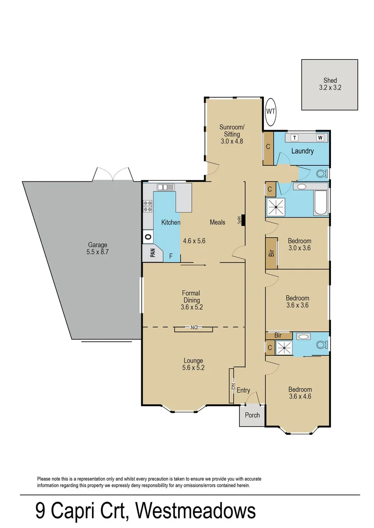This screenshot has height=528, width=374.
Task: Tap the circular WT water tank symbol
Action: click(x=271, y=111)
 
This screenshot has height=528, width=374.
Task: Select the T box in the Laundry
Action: click(x=295, y=137)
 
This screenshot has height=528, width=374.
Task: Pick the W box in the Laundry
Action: click(x=320, y=137)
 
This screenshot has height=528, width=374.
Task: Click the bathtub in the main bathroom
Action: click(x=321, y=203)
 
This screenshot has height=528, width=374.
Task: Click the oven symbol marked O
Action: click(x=148, y=237)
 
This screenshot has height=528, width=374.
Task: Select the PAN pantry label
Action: click(x=152, y=253)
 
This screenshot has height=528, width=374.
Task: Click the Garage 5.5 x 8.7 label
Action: click(x=97, y=249)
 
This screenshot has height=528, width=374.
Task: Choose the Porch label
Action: click(x=252, y=415)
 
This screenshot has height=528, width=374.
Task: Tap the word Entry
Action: click(x=243, y=390)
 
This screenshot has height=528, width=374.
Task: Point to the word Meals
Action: click(x=218, y=222)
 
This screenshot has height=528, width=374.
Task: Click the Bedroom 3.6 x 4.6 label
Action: click(x=300, y=393)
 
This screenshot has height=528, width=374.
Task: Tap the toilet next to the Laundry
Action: click(x=321, y=173)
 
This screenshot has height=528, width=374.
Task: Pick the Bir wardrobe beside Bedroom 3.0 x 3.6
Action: click(x=271, y=253)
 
